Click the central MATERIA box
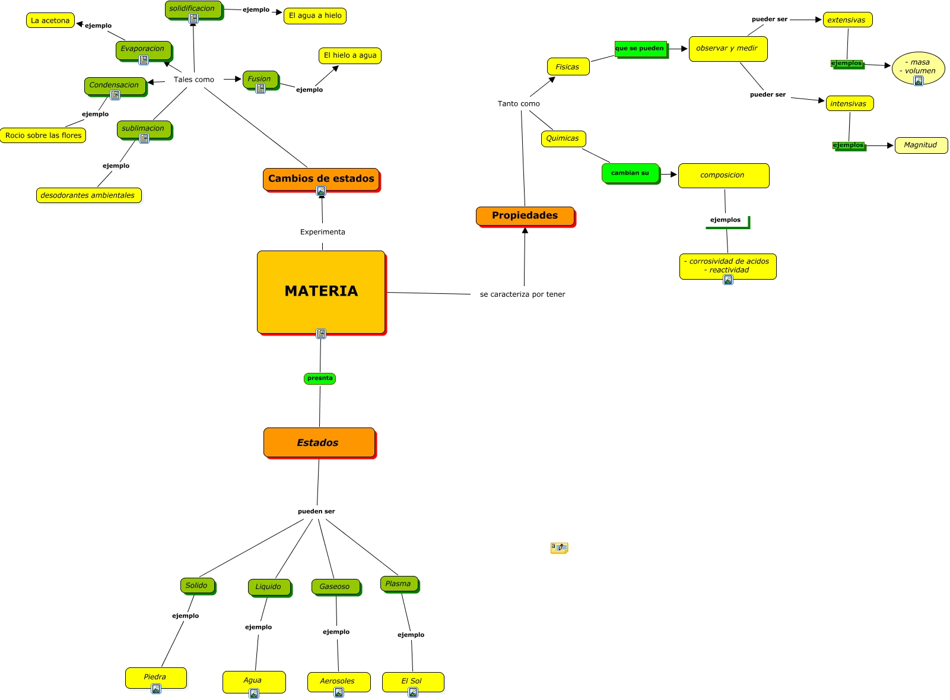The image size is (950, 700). click(x=321, y=292)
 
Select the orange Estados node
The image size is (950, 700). click(x=319, y=442)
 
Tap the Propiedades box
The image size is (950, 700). click(x=525, y=216)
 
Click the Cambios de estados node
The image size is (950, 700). click(x=321, y=179)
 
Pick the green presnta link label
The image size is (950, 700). click(x=320, y=378)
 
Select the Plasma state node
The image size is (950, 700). click(x=399, y=584)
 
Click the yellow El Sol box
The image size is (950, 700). click(x=412, y=681)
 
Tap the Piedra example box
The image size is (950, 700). click(x=155, y=677)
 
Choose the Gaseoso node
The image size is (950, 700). click(x=335, y=587)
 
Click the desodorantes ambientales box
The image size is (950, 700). click(x=88, y=195)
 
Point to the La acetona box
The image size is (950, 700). click(x=50, y=20)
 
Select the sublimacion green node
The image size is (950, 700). click(x=144, y=128)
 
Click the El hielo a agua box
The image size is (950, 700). click(x=350, y=55)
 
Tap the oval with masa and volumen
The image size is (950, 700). click(x=918, y=67)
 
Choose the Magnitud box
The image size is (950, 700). click(x=920, y=145)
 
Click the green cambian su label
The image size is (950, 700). click(x=630, y=173)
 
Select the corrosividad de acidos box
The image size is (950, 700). click(x=727, y=265)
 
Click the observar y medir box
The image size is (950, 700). click(x=727, y=49)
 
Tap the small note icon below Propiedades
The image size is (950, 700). click(x=559, y=547)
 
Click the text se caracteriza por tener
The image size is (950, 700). click(x=522, y=294)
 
